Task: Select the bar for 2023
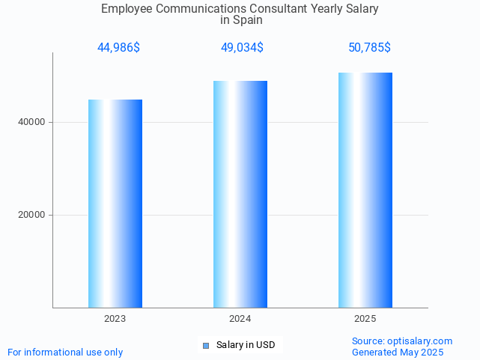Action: tap(115, 204)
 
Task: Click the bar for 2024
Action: tap(240, 195)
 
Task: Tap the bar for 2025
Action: tap(365, 190)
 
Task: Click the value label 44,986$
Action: tap(118, 48)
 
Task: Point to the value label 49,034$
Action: tap(242, 48)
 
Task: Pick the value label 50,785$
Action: tap(369, 48)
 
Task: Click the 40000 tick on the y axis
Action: tap(32, 122)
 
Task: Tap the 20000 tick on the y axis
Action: tap(32, 215)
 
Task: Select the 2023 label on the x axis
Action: tap(115, 319)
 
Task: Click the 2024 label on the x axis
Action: tap(240, 319)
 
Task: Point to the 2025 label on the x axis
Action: tap(365, 319)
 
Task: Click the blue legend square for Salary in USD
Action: tap(206, 345)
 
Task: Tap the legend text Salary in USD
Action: tap(246, 345)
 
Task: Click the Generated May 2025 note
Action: tap(398, 353)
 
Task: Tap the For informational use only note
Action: tap(65, 353)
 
